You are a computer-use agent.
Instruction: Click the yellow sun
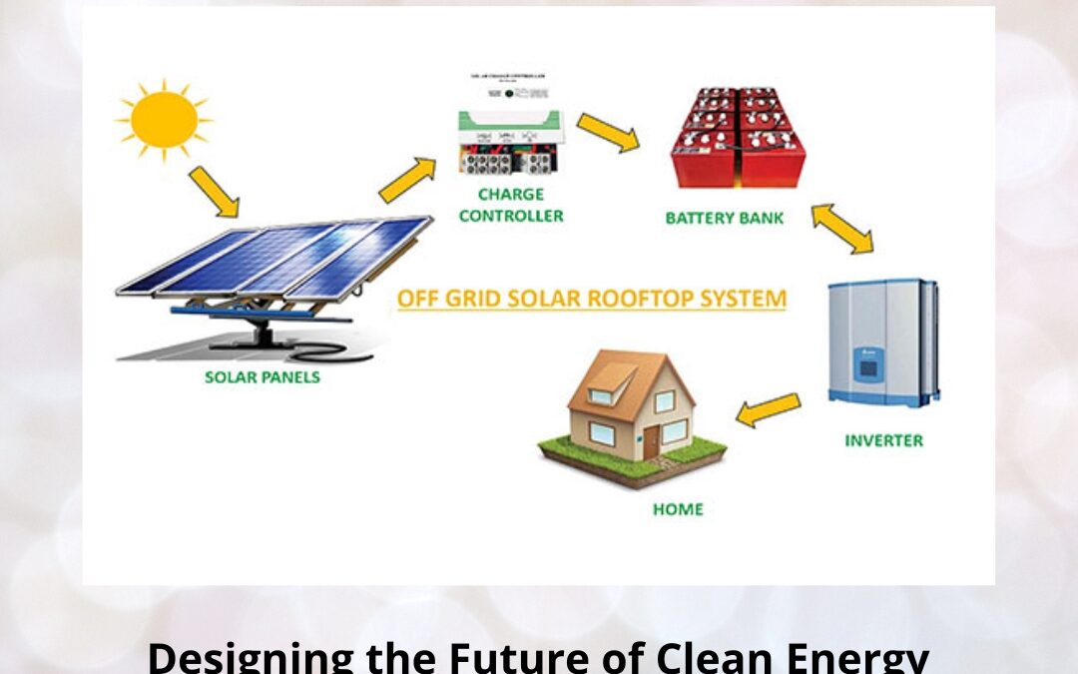[164, 118]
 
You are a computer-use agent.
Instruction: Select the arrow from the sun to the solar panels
[214, 192]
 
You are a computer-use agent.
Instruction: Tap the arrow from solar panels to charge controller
[407, 181]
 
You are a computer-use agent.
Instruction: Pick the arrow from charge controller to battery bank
[608, 132]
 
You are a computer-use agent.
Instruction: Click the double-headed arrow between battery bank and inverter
[841, 229]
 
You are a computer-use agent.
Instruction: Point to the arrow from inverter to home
[769, 408]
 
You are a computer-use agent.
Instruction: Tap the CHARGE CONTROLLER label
[510, 205]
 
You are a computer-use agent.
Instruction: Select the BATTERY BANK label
[726, 217]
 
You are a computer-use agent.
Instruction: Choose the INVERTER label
[883, 440]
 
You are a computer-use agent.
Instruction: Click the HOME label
[678, 509]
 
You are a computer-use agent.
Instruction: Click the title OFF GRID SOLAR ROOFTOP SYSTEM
[591, 299]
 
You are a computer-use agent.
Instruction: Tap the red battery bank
[739, 139]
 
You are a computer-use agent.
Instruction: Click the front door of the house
[652, 440]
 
